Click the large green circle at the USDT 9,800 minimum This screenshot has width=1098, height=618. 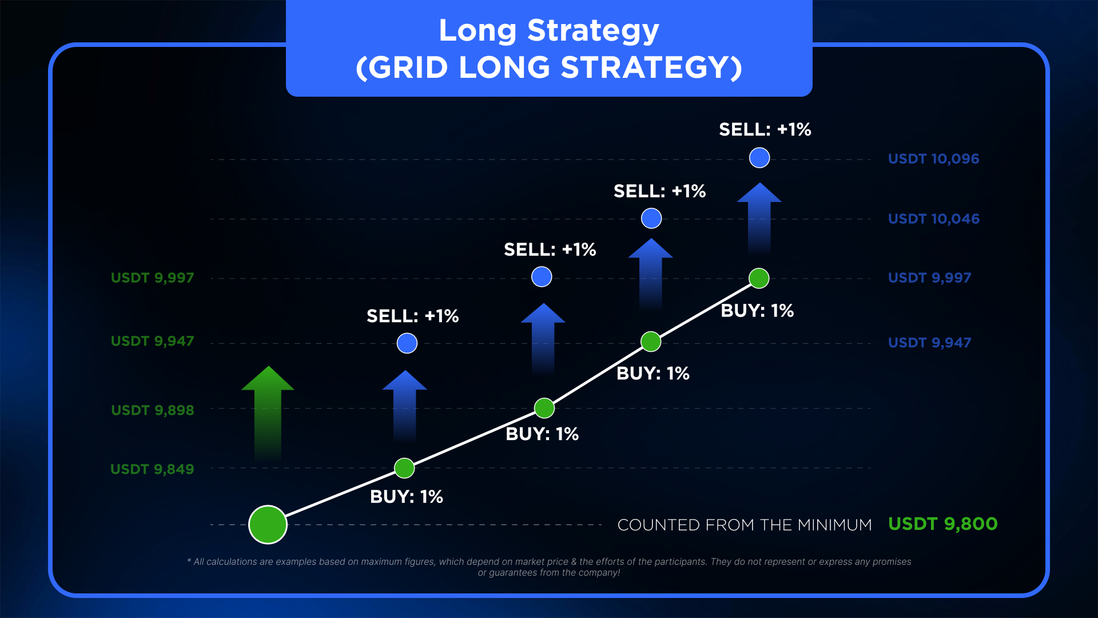pyautogui.click(x=268, y=524)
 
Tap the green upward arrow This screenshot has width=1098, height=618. pyautogui.click(x=268, y=413)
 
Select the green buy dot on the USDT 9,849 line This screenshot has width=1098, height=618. pyautogui.click(x=404, y=468)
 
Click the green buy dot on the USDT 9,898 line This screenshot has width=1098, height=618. pyautogui.click(x=544, y=408)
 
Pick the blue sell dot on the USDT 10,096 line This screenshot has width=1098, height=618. pyautogui.click(x=759, y=157)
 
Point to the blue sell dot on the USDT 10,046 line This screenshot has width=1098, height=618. pyautogui.click(x=651, y=218)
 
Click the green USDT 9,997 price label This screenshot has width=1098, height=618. pyautogui.click(x=152, y=278)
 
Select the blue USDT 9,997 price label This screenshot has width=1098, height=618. pyautogui.click(x=929, y=278)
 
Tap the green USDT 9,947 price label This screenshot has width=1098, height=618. pyautogui.click(x=152, y=341)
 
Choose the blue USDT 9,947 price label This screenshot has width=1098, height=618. pyautogui.click(x=929, y=342)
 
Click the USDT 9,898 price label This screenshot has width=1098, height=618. pyautogui.click(x=152, y=410)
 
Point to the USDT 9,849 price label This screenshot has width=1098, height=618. pyautogui.click(x=152, y=469)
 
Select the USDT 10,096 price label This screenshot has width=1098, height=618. pyautogui.click(x=933, y=159)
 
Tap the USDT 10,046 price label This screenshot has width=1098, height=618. pyautogui.click(x=933, y=219)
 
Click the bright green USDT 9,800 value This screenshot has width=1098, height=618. pyautogui.click(x=942, y=524)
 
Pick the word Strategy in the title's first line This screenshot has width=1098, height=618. pyautogui.click(x=593, y=31)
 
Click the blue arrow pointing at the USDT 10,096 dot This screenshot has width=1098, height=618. pyautogui.click(x=759, y=219)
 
